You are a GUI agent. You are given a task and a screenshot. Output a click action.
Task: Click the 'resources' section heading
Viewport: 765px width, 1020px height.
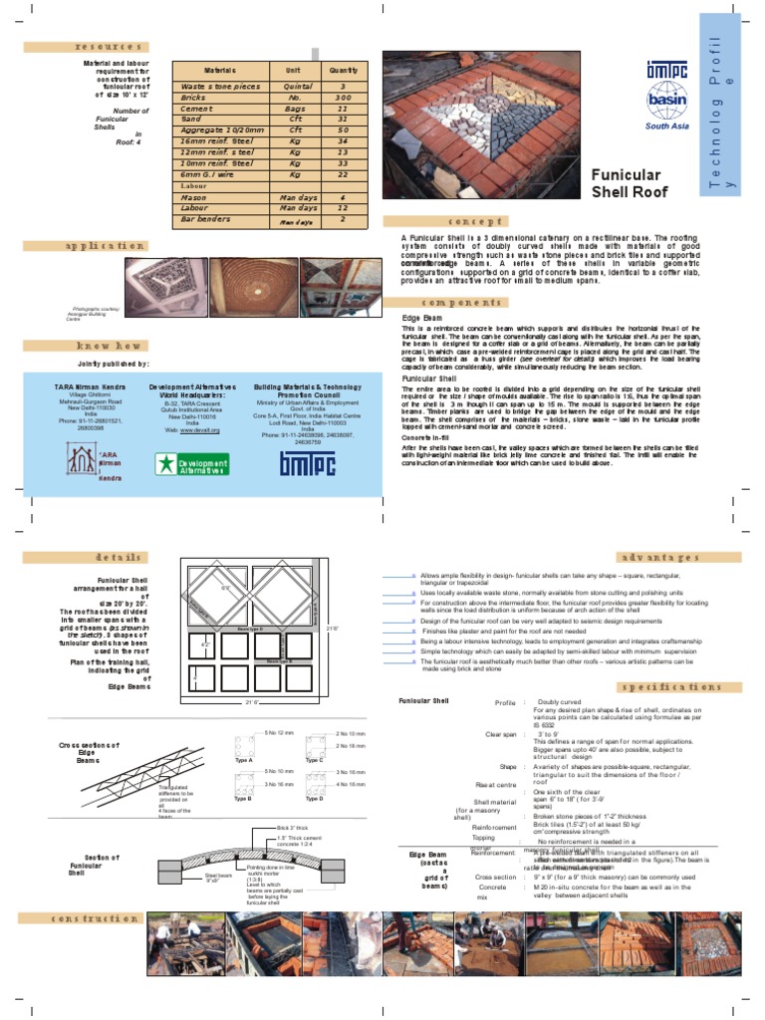[96, 46]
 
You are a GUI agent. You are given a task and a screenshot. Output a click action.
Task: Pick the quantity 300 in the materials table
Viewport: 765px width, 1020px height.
[343, 98]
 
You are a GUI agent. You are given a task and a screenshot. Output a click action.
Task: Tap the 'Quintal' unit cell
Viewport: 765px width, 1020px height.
[293, 87]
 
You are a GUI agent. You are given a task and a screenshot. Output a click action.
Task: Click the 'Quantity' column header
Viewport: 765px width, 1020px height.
[343, 71]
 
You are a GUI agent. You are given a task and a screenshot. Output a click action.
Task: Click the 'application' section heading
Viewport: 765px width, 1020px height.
[98, 244]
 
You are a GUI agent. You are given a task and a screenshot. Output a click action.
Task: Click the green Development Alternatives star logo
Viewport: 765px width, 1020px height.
[192, 463]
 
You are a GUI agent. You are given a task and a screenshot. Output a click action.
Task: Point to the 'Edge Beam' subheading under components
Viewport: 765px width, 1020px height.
[421, 318]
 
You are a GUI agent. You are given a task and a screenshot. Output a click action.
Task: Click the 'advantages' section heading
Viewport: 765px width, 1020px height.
[680, 557]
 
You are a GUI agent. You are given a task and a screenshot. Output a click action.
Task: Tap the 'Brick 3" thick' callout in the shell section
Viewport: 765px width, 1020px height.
[294, 828]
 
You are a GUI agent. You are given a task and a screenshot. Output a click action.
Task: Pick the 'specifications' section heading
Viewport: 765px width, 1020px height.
[680, 687]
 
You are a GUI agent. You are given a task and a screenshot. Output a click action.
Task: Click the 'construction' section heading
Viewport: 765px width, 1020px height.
[98, 918]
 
